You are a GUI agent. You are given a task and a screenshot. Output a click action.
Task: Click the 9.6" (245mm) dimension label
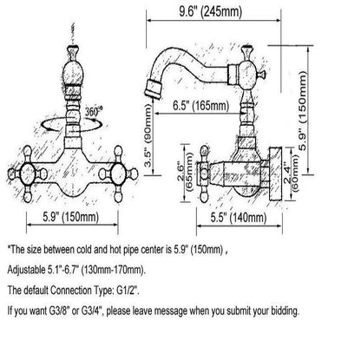[x=210, y=11]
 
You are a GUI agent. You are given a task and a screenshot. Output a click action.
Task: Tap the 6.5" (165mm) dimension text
[x=200, y=105]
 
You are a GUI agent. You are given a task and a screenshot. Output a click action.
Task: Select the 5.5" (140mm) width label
[x=239, y=218]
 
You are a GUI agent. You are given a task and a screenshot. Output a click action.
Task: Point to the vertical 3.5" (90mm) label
[x=148, y=135]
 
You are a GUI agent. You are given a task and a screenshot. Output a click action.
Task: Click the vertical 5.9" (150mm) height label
[x=302, y=111]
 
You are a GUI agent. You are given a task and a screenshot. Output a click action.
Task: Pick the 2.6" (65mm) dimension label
[x=185, y=172]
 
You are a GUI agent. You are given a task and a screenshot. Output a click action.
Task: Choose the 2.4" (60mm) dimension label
[x=291, y=173]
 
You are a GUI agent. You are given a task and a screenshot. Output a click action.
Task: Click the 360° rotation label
[x=94, y=112]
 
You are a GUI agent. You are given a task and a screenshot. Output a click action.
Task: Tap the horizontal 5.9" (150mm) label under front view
[x=71, y=217]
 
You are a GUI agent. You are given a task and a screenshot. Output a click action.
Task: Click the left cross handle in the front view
[x=28, y=174]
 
